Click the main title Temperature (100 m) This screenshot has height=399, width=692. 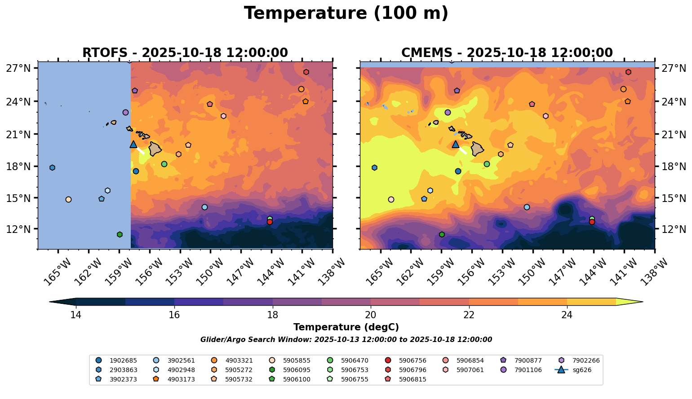pos(346,13)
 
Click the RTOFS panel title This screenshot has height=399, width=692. pos(185,53)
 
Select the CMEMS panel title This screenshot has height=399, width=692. pos(507,53)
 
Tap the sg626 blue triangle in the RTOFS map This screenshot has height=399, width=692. pos(133,144)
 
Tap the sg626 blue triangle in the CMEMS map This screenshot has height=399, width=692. pos(456,144)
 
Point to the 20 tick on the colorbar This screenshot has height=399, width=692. pos(371,315)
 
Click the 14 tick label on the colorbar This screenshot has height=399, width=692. pos(75,315)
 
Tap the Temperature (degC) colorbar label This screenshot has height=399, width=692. pos(346,327)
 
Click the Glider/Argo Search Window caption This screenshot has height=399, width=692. pos(346,340)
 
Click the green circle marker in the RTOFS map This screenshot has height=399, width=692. pos(164,164)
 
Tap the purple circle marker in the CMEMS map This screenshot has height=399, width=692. pos(448,112)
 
